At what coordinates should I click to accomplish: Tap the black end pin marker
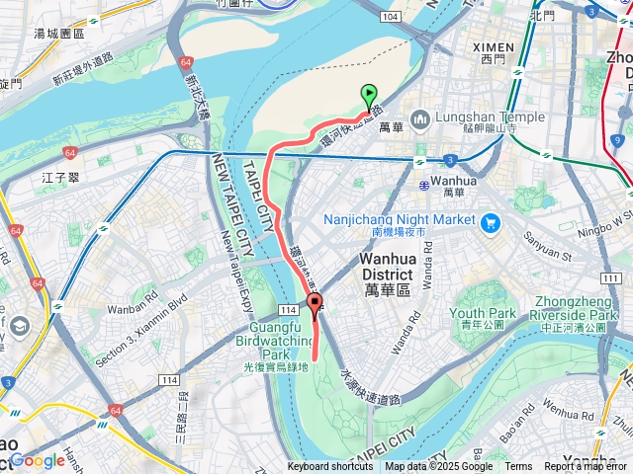(316, 304)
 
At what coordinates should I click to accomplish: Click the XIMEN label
(493, 46)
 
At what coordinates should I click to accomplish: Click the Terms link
(518, 467)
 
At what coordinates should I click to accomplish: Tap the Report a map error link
(588, 467)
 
